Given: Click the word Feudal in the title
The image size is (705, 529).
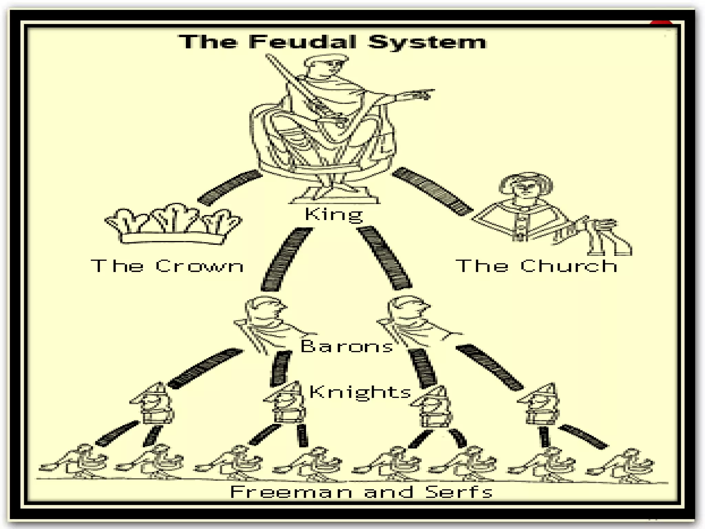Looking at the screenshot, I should [303, 42].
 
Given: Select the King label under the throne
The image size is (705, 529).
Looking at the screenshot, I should [334, 214].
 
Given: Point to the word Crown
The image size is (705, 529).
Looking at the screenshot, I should [199, 266].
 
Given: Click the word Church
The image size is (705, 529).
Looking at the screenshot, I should [569, 266].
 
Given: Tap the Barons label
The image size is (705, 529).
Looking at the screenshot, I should [347, 346].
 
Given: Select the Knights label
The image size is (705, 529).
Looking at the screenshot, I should [360, 392].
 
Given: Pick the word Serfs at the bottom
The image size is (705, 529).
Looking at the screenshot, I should [459, 492].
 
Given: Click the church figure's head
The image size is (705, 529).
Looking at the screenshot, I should [526, 186].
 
